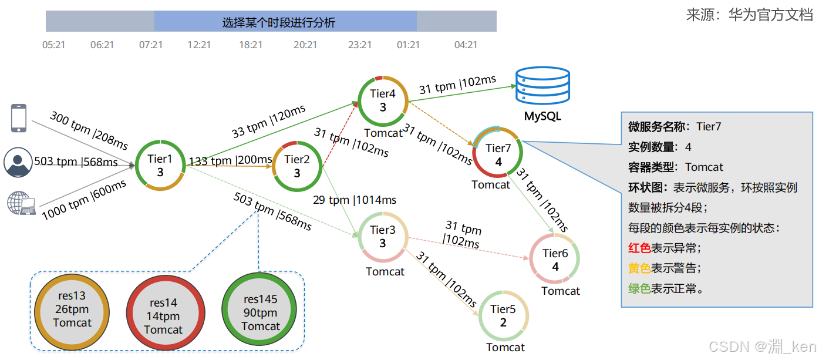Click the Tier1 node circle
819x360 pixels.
[160, 165]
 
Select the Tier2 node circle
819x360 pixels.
[297, 166]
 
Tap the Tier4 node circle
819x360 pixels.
[383, 100]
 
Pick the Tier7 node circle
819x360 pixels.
[498, 153]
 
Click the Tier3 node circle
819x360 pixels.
[383, 237]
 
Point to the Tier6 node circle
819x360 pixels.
[555, 259]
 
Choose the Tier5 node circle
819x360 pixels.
[503, 315]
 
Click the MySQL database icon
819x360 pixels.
[542, 86]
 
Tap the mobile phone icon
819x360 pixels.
[19, 118]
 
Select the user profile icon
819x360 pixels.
[18, 162]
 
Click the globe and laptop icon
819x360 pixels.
[21, 203]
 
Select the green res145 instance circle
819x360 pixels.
[261, 312]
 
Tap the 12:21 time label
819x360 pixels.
[199, 45]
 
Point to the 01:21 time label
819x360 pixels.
[409, 45]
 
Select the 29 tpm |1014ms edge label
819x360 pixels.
[355, 200]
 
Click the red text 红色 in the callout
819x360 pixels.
[639, 248]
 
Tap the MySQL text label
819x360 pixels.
[542, 116]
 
